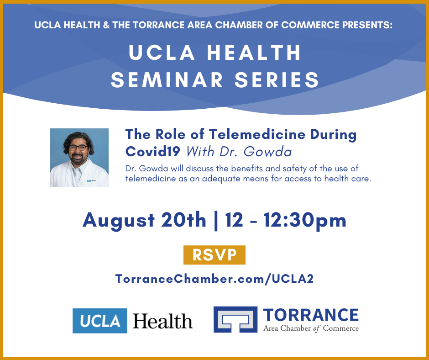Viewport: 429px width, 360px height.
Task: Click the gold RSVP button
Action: [214, 255]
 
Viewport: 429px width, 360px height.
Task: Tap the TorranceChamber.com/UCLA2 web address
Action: [214, 279]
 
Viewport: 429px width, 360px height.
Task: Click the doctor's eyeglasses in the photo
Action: [78, 148]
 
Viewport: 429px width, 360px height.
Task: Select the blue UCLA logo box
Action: [100, 321]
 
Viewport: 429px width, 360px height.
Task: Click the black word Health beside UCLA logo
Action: [162, 321]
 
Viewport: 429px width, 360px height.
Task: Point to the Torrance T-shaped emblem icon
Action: [235, 319]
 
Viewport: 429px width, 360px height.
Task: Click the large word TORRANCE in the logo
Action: [311, 315]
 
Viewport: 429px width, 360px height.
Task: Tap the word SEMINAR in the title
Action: [167, 80]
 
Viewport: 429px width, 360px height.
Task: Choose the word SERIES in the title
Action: [277, 80]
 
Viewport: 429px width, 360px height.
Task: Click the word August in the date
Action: [119, 221]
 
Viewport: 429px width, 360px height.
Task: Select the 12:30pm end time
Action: [305, 220]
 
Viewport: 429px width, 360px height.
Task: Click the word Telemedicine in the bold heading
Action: [257, 134]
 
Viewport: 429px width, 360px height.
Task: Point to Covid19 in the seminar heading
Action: [153, 151]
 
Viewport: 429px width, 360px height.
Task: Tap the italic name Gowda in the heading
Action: [267, 152]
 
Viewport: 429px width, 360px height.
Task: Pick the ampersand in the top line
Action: [106, 25]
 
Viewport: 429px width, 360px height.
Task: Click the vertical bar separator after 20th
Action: [216, 221]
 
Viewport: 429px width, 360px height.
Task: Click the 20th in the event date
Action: [183, 220]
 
